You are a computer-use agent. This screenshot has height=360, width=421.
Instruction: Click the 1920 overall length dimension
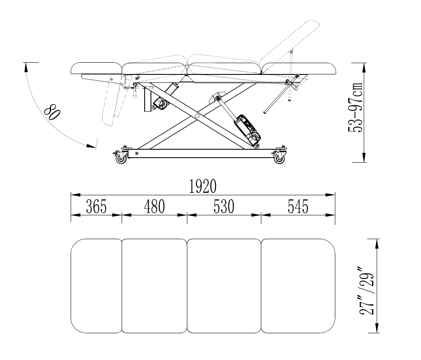click(203, 186)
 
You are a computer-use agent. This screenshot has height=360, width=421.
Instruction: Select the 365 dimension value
click(96, 207)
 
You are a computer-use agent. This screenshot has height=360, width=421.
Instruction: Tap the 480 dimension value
click(154, 207)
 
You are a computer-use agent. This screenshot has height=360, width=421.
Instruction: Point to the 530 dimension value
click(224, 207)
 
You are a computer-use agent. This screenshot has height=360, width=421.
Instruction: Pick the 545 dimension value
click(298, 207)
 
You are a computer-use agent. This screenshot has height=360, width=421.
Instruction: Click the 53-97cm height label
click(356, 107)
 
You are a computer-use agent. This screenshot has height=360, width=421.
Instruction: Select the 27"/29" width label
click(367, 291)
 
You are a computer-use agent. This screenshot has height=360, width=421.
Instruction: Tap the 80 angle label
click(52, 112)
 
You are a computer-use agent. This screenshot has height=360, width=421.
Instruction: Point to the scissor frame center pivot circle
click(197, 116)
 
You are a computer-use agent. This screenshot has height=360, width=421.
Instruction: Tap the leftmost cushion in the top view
click(96, 286)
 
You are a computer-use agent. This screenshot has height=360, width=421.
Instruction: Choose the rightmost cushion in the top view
click(298, 286)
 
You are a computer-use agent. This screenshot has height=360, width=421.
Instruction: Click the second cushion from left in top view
click(154, 286)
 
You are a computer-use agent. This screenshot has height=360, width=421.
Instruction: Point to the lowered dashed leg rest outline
click(111, 103)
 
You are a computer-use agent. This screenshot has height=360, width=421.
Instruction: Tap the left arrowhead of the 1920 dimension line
click(75, 195)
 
